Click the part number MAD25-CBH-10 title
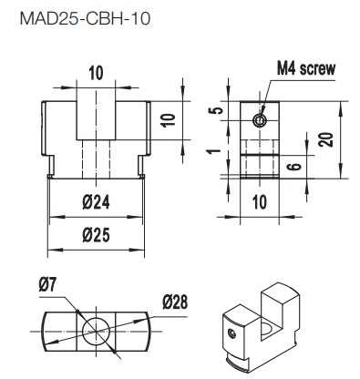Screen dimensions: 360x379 tap(85, 19)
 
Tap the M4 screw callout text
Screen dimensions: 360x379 tap(306, 68)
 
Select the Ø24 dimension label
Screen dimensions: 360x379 tap(96, 202)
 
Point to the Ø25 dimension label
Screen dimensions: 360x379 tap(96, 235)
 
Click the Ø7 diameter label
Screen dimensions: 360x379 tap(48, 285)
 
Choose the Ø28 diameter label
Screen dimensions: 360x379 tap(175, 302)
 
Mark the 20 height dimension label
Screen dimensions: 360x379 tap(326, 139)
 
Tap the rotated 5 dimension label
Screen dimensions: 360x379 tap(217, 110)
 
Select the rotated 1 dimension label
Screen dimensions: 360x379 tap(216, 150)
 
